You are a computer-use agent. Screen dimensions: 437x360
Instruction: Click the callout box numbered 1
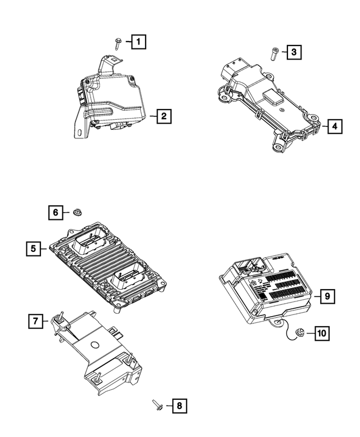click(139, 41)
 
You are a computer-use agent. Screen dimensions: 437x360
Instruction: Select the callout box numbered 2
click(163, 116)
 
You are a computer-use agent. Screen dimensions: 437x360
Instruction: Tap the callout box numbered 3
click(293, 53)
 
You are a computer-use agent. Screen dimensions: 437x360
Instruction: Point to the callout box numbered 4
click(334, 127)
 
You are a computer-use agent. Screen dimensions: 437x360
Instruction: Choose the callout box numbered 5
click(34, 248)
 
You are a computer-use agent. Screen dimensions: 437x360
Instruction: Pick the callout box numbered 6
click(55, 212)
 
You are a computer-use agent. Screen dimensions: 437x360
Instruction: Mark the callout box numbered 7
click(35, 321)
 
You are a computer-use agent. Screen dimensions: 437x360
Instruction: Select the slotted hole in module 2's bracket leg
click(79, 133)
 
